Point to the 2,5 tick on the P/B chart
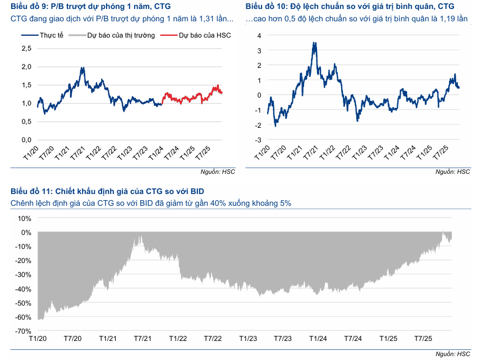[x=26, y=48]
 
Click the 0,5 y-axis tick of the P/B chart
[x=26, y=122]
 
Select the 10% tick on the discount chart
[x=24, y=218]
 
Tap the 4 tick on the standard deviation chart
[x=259, y=35]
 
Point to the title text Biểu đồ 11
[x=31, y=191]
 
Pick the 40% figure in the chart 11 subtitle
[x=229, y=203]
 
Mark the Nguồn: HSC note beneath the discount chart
[x=453, y=353]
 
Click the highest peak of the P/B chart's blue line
[x=82, y=68]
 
